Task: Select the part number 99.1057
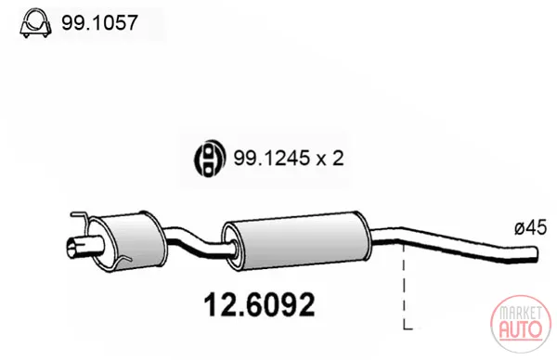point(99,23)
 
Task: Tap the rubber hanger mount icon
point(210,158)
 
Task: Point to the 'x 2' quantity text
point(330,159)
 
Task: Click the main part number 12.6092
point(260,304)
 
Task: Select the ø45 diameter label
point(530,227)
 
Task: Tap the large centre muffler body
point(297,240)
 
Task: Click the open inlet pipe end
point(72,249)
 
